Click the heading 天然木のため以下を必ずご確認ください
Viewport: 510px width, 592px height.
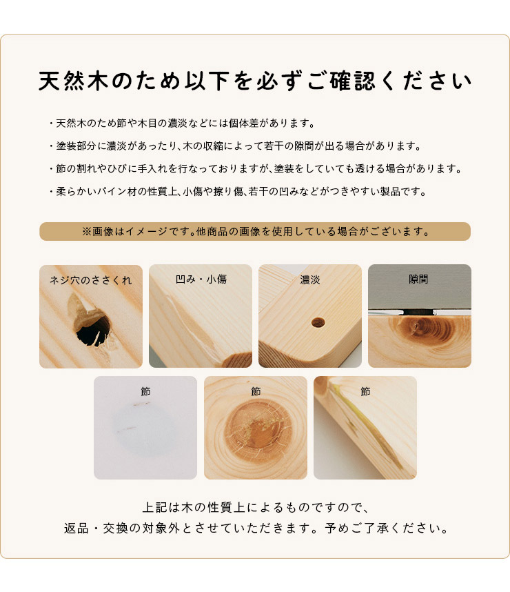point(255,81)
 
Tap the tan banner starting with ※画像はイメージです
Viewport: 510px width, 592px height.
point(255,231)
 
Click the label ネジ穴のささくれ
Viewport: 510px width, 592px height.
point(91,279)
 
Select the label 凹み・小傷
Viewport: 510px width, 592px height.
point(201,279)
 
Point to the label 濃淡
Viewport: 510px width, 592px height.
point(310,279)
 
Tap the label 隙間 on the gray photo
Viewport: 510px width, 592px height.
point(418,279)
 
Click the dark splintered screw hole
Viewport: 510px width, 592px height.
point(93,330)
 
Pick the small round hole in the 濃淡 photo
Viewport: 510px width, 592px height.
point(318,323)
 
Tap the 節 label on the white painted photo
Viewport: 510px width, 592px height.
point(145,391)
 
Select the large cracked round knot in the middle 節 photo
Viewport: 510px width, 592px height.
point(258,425)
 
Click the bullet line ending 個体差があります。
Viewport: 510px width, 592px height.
point(182,124)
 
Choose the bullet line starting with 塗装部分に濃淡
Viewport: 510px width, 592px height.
point(235,146)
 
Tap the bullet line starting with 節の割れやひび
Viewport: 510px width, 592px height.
point(256,169)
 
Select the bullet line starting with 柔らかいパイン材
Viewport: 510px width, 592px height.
point(238,192)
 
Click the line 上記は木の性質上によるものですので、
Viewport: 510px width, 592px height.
point(255,507)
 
